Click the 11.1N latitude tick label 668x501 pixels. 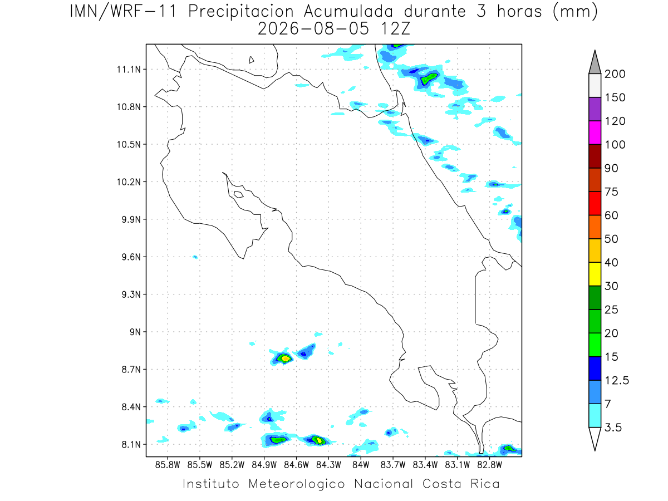pos(129,70)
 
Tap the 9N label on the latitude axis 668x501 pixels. pos(135,332)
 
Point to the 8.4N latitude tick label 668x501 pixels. pos(131,407)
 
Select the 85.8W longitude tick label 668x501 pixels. pos(168,465)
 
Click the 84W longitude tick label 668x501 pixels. pos(361,465)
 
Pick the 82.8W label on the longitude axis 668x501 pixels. pos(489,465)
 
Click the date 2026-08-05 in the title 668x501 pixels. pos(313,29)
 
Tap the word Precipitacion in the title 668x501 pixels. pos(241,12)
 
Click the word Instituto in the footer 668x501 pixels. pos(211,484)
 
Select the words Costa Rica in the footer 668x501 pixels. pos(461,484)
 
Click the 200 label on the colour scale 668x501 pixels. pos(615,74)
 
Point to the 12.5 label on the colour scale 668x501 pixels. pos(617,381)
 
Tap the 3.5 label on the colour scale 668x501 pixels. pos(613,428)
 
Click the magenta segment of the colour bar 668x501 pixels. pos(595,132)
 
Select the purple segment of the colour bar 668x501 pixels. pos(595,109)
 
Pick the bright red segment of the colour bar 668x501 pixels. pos(595,204)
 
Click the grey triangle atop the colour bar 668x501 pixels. pos(595,65)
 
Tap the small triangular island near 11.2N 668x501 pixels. pos(251,60)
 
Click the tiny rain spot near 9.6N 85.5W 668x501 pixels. pos(195,257)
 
